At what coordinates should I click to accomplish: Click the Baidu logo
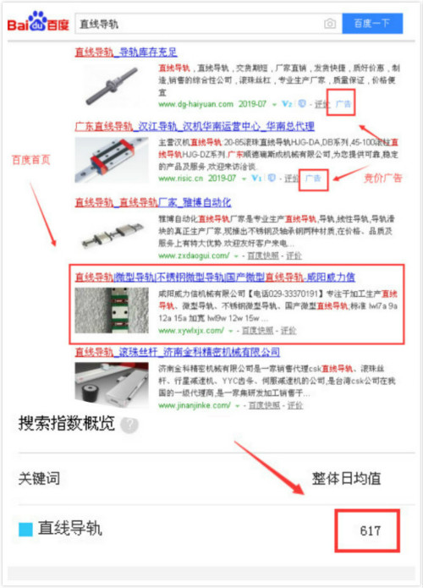pos(38,23)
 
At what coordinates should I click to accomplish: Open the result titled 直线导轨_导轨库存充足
pos(126,52)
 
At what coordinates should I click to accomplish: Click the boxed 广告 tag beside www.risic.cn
pos(313,179)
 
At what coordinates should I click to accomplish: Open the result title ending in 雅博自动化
pos(152,202)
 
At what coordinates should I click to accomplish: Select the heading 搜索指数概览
pos(68,425)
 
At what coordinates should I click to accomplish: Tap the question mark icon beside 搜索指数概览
pos(129,426)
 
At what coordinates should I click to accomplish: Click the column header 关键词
pos(39,478)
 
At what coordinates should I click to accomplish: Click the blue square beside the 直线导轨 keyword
pos(25,530)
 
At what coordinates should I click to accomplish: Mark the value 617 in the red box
pos(369,531)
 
